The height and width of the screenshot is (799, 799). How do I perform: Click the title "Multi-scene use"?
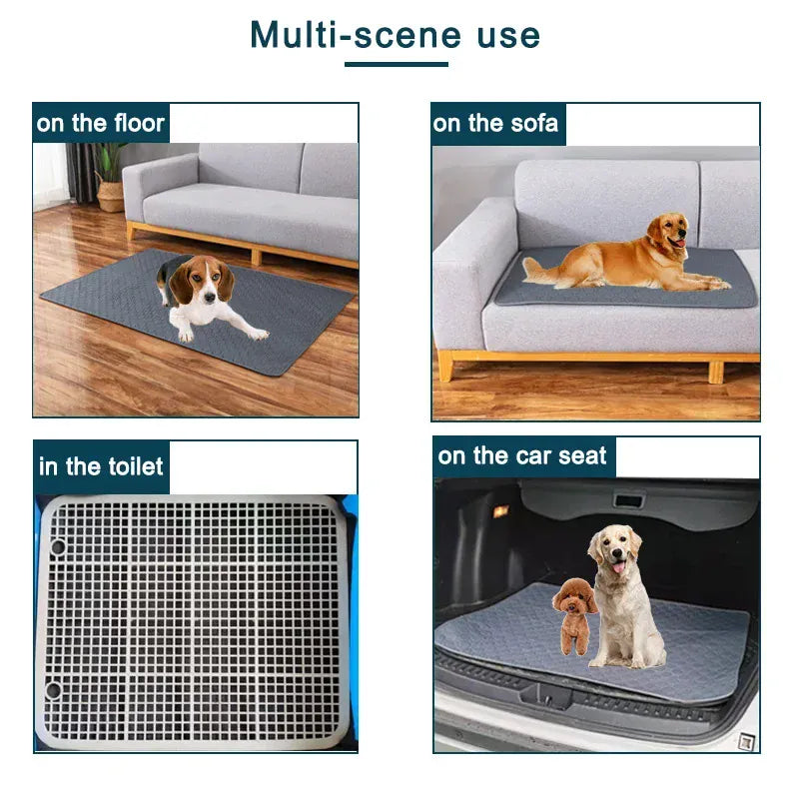[396, 35]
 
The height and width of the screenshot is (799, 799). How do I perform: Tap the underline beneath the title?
[396, 65]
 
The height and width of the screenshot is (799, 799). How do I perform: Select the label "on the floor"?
[100, 124]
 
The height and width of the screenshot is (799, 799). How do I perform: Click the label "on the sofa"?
[496, 124]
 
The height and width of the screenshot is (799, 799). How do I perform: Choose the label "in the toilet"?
[101, 466]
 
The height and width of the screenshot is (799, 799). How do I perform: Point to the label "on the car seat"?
[522, 456]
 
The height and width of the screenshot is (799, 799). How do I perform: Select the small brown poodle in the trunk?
[575, 613]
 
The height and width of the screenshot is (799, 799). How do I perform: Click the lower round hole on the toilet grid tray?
[53, 690]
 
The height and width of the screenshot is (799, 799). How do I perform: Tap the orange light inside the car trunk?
[500, 511]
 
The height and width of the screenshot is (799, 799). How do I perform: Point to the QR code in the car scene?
[744, 741]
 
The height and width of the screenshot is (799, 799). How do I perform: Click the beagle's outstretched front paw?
[257, 334]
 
